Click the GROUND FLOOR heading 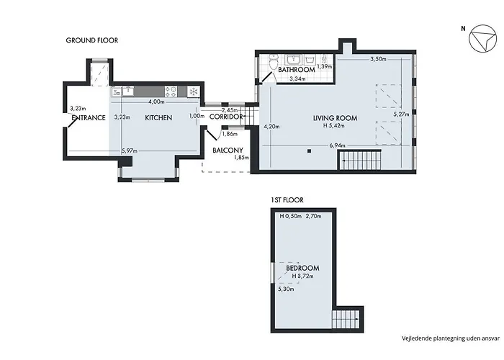[92, 41]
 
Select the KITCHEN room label [158, 117]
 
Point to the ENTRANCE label [89, 117]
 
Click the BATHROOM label [296, 70]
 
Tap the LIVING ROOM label [335, 117]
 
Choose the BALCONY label [228, 150]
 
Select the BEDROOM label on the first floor [302, 268]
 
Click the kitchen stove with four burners [171, 91]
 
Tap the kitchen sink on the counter [127, 91]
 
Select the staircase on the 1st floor [343, 318]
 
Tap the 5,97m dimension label [130, 151]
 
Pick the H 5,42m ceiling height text [335, 126]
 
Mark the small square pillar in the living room [308, 150]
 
